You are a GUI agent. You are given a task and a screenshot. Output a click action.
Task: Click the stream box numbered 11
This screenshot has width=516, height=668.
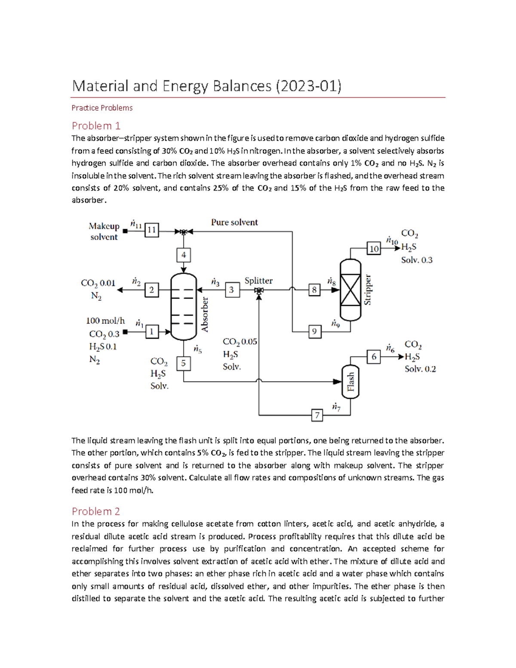point(151,230)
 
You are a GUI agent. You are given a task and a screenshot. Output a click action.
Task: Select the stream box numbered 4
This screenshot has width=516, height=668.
point(184,255)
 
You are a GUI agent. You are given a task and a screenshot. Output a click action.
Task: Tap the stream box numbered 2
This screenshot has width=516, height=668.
point(151,290)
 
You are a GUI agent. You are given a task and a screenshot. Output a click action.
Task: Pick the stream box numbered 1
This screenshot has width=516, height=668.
point(151,332)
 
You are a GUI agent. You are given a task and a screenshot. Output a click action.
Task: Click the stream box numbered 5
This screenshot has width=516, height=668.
point(184,363)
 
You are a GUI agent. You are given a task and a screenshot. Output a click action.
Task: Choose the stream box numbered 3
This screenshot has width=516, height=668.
point(232,290)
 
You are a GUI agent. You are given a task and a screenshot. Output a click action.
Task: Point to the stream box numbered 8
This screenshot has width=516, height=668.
point(315,290)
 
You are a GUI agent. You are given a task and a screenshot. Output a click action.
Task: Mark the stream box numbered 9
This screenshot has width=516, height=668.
point(315,332)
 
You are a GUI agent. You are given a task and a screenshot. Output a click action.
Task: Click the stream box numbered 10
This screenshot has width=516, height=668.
point(374,249)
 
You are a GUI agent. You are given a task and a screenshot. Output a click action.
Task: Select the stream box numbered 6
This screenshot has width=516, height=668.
point(374,357)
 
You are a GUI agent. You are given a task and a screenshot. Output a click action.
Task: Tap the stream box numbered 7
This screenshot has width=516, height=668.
point(317,415)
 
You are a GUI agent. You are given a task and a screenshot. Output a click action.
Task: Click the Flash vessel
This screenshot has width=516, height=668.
point(350,382)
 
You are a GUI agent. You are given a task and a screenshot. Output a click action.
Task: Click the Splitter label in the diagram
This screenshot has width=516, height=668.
point(258,280)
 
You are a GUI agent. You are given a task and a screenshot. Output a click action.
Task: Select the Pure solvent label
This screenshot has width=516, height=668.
point(234,222)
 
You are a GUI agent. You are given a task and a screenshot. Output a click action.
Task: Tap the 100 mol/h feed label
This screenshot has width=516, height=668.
point(105,320)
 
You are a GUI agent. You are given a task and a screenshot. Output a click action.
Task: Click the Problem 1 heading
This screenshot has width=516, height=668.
point(96,126)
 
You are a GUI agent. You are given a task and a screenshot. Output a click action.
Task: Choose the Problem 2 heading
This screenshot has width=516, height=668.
point(96,511)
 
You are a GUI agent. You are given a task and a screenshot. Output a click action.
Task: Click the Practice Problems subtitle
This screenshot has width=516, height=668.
point(102,108)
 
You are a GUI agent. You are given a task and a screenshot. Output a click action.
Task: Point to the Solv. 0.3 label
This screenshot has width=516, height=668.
point(417,260)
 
